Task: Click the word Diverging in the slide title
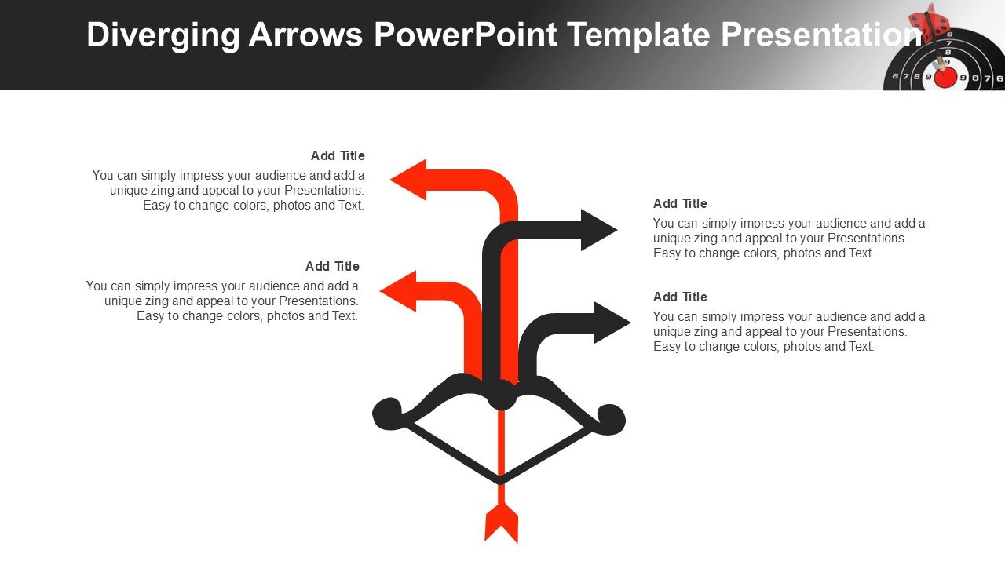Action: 163,35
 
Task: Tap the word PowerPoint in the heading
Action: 466,34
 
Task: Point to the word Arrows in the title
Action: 305,34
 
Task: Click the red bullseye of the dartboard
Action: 945,78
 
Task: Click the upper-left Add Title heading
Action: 338,155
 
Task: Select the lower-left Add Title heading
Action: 332,266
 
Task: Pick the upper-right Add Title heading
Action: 680,203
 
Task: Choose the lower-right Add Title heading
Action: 680,297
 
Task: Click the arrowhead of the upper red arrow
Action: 408,180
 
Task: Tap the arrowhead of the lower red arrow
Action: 398,291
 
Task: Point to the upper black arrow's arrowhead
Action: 599,230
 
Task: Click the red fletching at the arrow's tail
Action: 501,523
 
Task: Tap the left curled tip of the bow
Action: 387,414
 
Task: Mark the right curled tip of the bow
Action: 611,419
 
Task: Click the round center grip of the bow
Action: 501,395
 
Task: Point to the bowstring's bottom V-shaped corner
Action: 500,481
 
